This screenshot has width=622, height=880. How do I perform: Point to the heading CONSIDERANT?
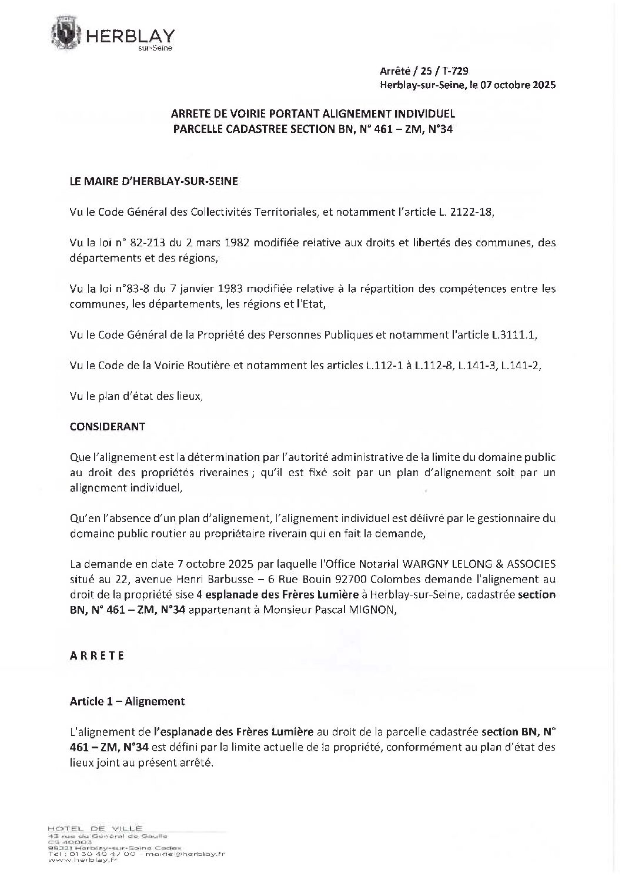coord(107,427)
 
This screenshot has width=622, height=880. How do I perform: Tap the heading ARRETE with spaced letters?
coord(97,655)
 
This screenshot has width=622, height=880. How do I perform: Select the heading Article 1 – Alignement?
coord(127,701)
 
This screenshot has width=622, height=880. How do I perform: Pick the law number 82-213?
coord(137,243)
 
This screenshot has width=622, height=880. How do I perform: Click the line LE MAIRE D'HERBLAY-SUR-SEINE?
coord(153,182)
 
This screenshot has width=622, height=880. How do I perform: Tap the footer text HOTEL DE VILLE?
coord(95,828)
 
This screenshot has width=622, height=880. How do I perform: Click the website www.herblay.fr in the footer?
coord(73,860)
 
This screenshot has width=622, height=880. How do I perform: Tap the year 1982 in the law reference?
coord(228,243)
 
